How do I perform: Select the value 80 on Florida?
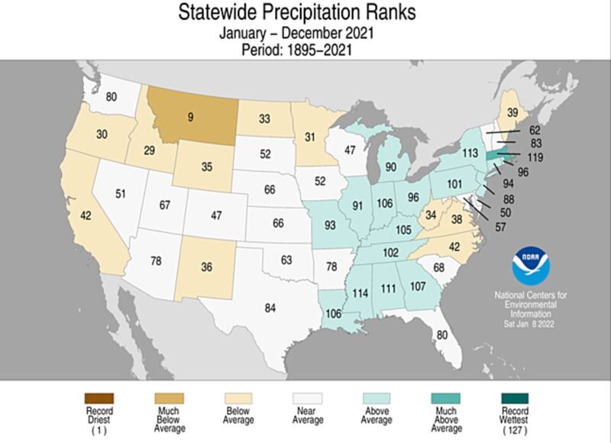click(441, 335)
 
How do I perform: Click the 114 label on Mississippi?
click(360, 293)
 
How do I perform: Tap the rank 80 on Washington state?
click(112, 98)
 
